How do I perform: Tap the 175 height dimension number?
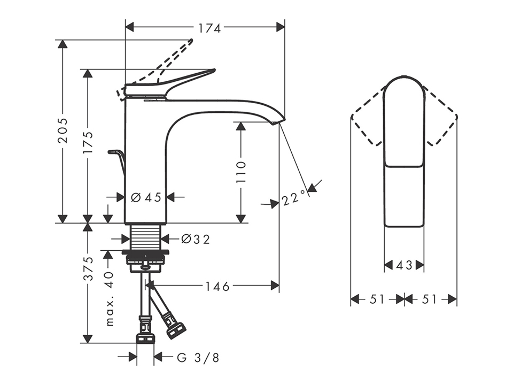[88, 143]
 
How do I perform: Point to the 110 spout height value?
[240, 172]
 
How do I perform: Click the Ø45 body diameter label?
[146, 197]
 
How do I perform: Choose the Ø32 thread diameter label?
[196, 240]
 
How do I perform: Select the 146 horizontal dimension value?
[217, 287]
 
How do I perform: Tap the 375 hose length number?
[88, 268]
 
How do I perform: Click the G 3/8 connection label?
[198, 358]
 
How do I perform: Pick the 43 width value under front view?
[404, 265]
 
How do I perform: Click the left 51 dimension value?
[377, 299]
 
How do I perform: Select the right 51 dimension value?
[430, 299]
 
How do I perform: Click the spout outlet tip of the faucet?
[278, 122]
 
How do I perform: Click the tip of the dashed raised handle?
[191, 40]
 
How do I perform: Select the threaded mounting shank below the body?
[145, 237]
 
